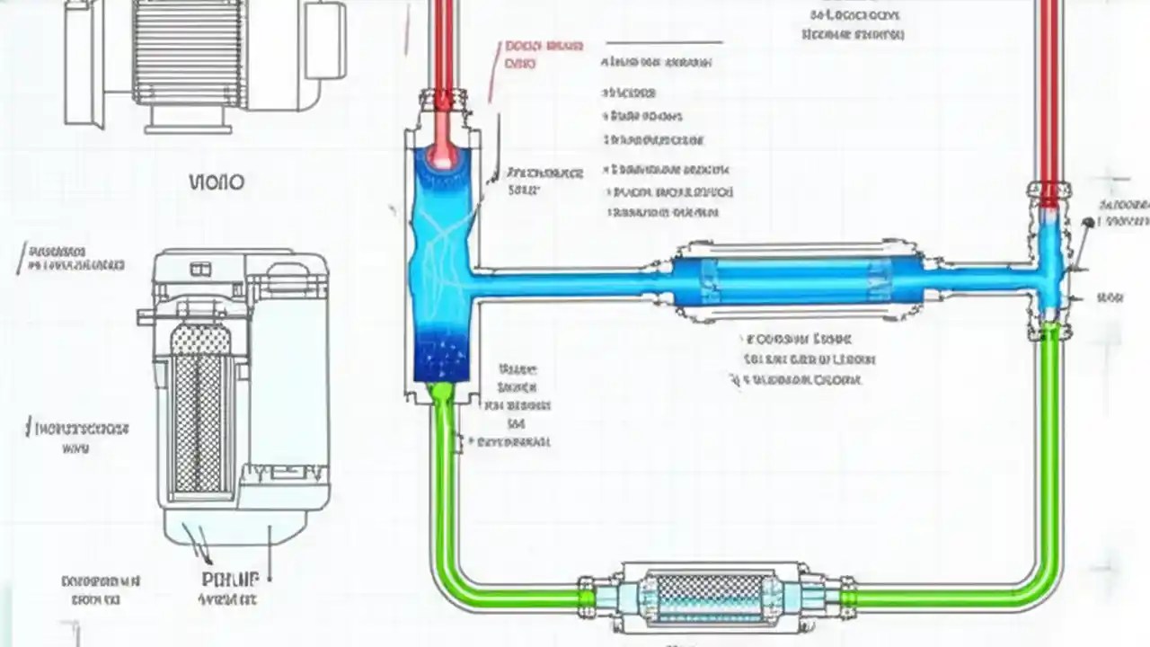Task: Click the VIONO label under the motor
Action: click(x=217, y=182)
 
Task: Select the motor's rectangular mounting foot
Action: click(x=188, y=118)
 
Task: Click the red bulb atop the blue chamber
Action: click(x=442, y=158)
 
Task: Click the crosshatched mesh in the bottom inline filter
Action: click(x=710, y=594)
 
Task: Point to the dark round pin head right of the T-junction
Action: click(x=1088, y=222)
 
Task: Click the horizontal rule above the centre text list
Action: click(x=664, y=42)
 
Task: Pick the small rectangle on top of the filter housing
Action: click(x=200, y=269)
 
